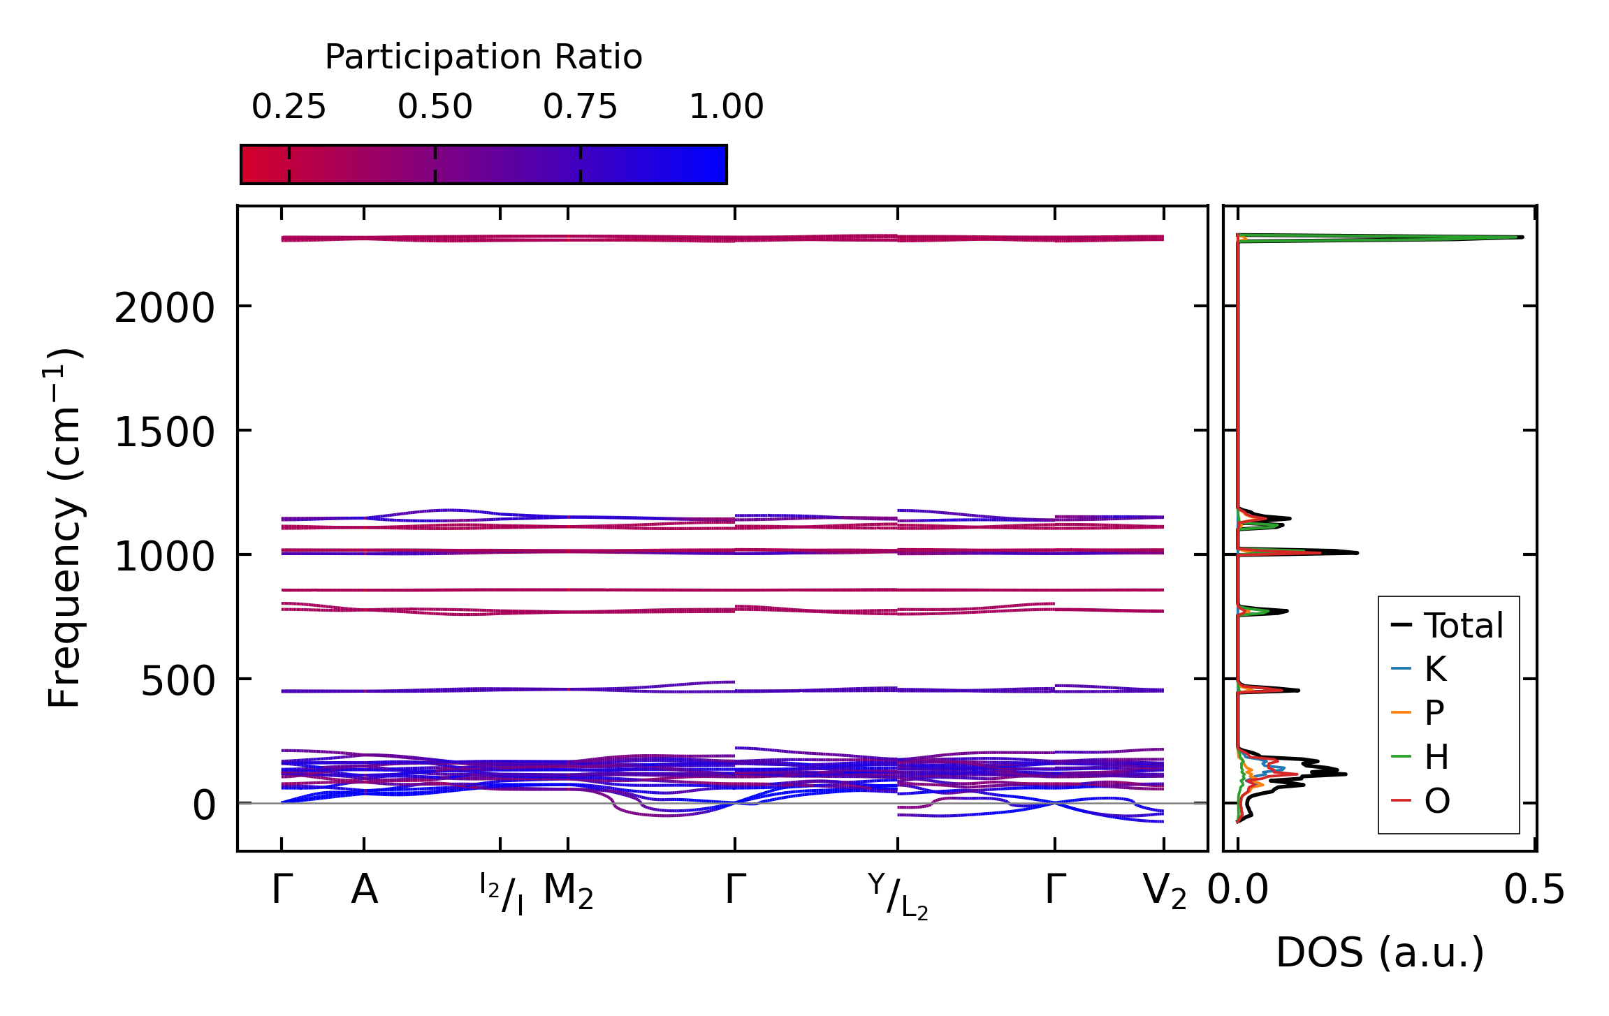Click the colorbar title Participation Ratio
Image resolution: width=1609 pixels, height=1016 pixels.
click(483, 57)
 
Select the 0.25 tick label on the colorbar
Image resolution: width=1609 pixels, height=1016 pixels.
click(289, 108)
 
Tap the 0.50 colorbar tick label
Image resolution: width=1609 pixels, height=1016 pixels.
click(435, 108)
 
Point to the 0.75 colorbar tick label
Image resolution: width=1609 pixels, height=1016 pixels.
click(580, 108)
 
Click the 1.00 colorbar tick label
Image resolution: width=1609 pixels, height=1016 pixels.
click(726, 108)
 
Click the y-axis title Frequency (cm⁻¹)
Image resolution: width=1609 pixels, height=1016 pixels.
click(64, 528)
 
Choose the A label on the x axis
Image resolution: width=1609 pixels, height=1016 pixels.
click(364, 890)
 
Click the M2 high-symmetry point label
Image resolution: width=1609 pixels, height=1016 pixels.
click(568, 892)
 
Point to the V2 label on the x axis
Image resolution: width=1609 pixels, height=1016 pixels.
click(1164, 892)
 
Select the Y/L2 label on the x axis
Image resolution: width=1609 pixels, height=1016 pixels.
click(898, 896)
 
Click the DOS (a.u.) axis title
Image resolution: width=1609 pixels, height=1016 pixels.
click(1380, 953)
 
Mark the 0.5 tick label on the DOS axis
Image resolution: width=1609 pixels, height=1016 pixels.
click(1534, 891)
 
